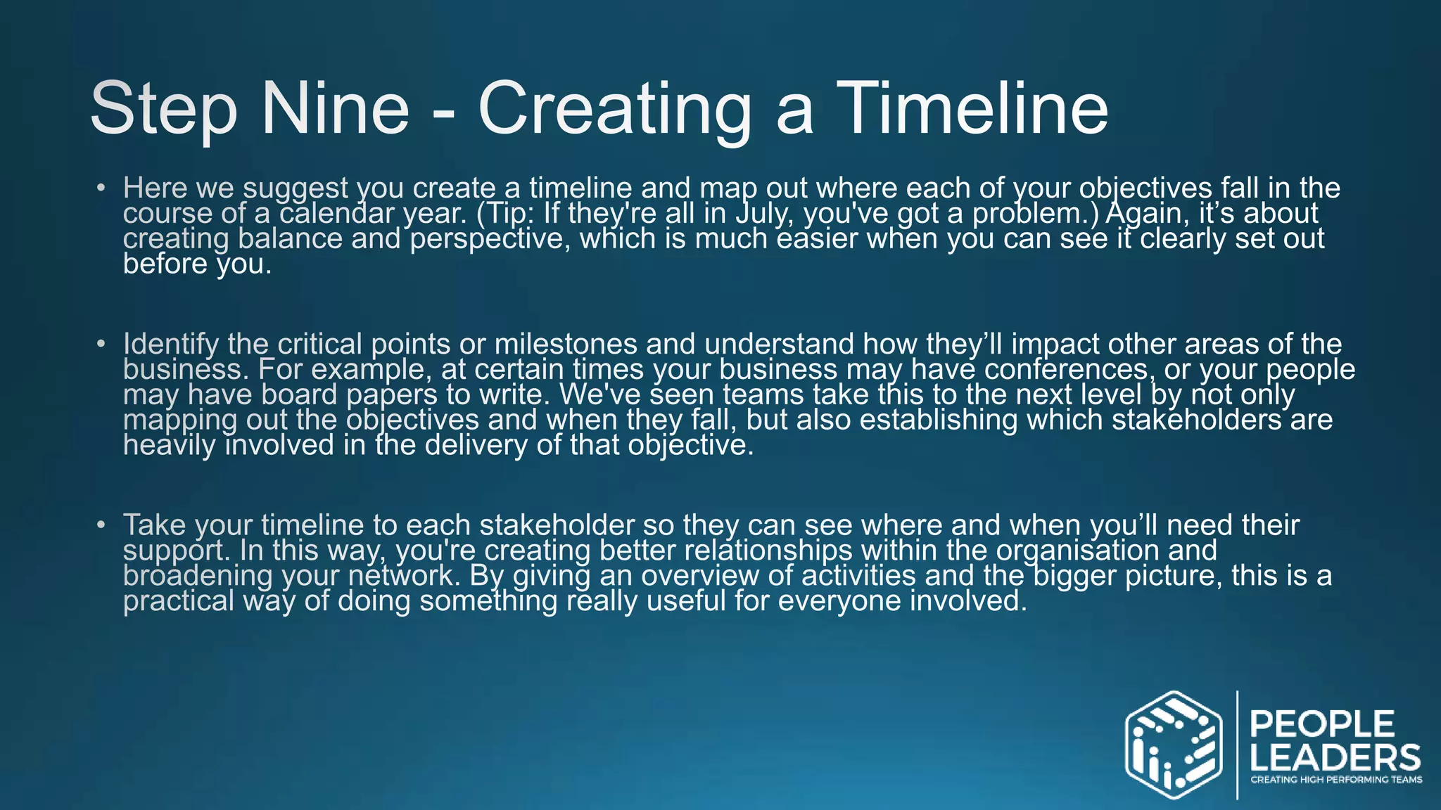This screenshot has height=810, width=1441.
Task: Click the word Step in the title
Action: click(x=163, y=109)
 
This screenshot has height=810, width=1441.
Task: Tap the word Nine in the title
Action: click(x=335, y=109)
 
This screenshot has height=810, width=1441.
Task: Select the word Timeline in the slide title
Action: click(x=974, y=109)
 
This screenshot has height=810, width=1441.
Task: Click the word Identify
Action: click(x=171, y=344)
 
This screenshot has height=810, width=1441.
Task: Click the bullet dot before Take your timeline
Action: click(x=101, y=525)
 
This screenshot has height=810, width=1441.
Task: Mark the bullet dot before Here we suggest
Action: click(x=101, y=188)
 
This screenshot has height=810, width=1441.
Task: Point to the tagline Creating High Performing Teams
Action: click(x=1335, y=779)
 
